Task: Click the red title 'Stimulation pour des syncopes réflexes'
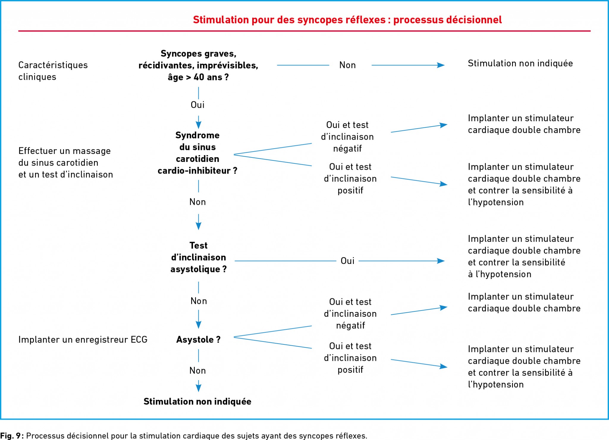289,20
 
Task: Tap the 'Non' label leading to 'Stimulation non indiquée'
347,65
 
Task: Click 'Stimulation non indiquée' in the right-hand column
520,63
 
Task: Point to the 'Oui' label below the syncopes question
197,105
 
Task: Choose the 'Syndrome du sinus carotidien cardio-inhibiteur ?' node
197,153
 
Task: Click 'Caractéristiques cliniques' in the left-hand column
53,71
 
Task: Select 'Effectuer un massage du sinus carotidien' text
65,157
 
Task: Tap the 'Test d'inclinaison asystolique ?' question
199,257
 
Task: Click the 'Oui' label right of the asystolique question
347,261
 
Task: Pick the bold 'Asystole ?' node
198,339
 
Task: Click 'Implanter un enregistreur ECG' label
83,339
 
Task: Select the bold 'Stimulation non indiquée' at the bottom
197,401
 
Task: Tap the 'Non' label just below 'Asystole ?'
197,370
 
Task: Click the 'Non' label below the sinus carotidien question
197,202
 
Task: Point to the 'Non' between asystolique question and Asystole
199,301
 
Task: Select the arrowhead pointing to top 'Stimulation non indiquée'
441,65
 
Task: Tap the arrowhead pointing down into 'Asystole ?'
199,325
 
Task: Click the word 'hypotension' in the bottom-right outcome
498,384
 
